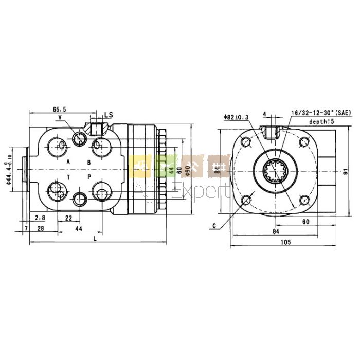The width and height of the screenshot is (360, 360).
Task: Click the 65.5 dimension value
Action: coord(60,109)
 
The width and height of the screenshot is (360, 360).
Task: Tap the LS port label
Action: coord(109,114)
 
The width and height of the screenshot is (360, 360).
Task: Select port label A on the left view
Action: coord(68,162)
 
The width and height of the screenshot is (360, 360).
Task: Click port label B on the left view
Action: coord(88,162)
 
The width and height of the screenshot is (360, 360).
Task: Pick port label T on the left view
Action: coord(68,177)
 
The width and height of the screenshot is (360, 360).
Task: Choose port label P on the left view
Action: coord(88,177)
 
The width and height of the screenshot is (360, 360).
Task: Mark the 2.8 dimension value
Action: coord(40,218)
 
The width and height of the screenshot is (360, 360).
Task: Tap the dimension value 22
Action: coord(68,218)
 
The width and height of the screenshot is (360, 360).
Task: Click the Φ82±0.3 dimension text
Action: coord(236,117)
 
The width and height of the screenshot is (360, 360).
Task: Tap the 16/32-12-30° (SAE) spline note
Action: coord(321,112)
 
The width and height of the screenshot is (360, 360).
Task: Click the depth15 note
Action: coord(322,121)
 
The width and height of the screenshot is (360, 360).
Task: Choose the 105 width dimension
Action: coord(286,242)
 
